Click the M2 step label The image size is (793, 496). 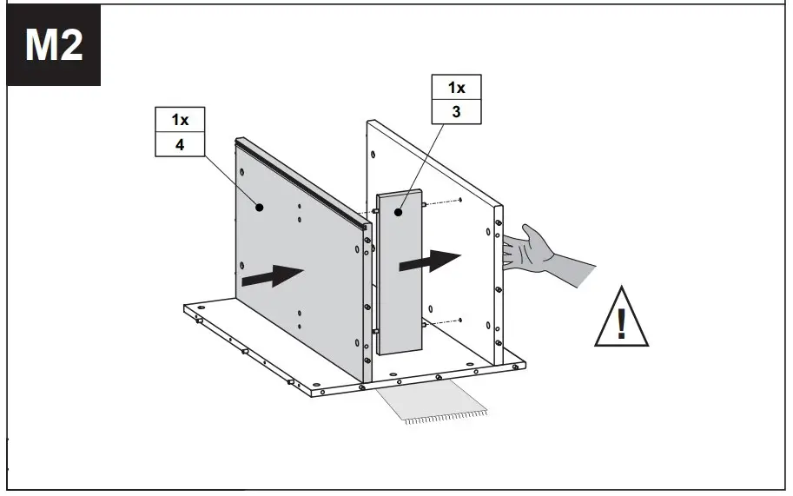point(54,45)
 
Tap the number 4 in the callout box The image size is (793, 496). point(180,144)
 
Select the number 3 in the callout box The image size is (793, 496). point(456,111)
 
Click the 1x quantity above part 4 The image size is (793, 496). point(180,120)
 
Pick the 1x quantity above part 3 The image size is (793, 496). point(456,88)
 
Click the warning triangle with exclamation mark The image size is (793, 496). point(621,318)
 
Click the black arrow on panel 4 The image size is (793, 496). point(271,275)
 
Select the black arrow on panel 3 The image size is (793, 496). point(429,261)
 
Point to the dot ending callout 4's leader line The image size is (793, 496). point(259,207)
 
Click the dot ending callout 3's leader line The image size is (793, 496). point(400,211)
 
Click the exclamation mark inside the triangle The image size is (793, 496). point(621,323)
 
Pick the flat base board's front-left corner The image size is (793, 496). point(186,308)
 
